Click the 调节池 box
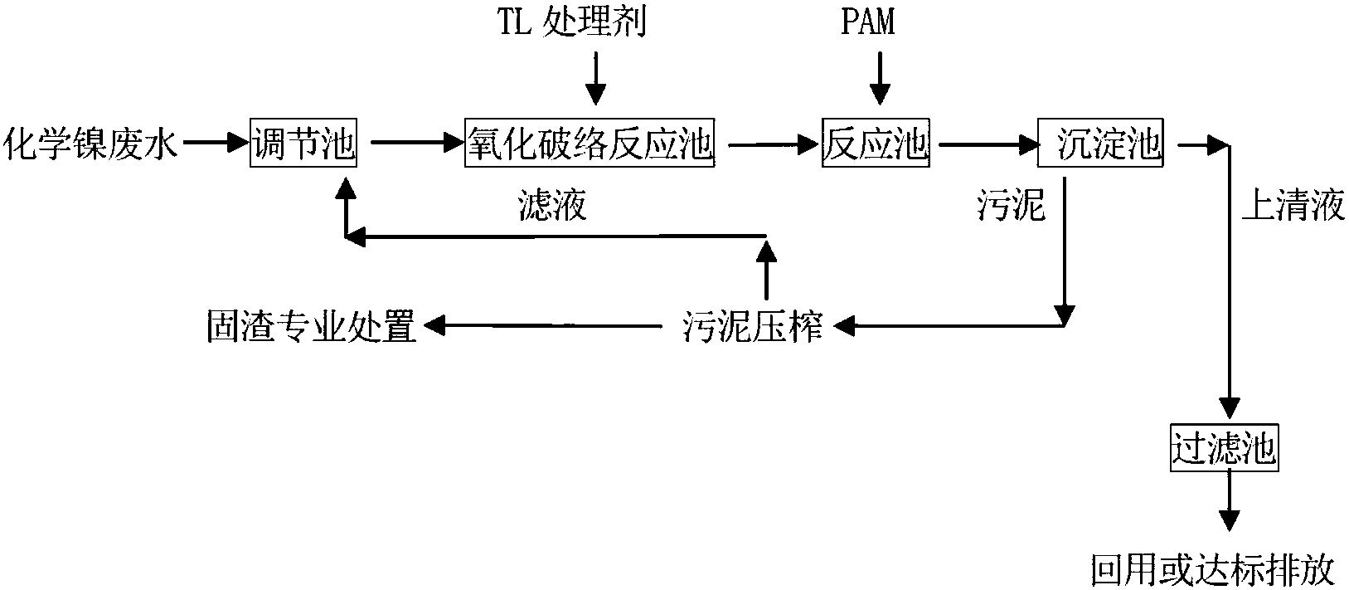303,144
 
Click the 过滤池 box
1224,449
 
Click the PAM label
867,22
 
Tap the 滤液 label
551,205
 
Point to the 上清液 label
1292,205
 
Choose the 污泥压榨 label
753,328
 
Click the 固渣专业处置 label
311,328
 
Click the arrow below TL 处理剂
594,79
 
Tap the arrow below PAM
879,79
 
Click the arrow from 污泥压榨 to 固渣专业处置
547,327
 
